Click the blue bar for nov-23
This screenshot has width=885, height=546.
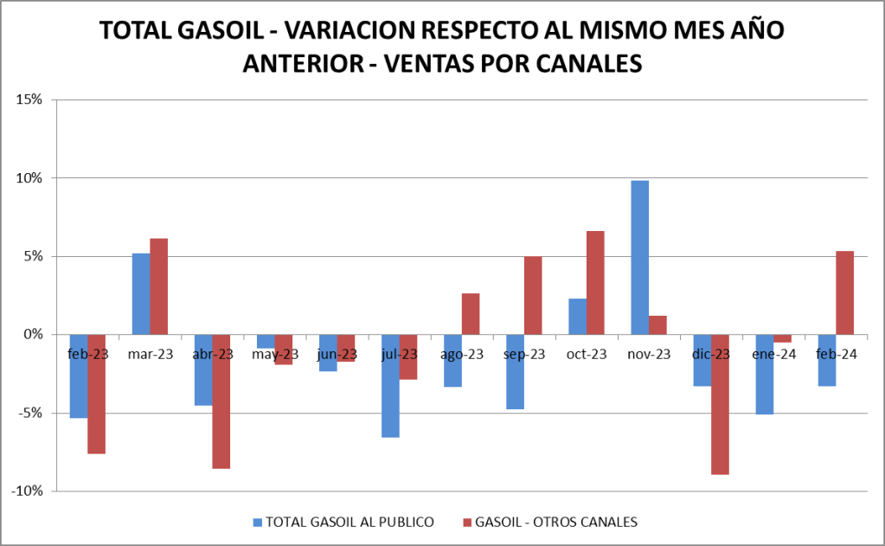639,257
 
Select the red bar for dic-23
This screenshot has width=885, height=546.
720,404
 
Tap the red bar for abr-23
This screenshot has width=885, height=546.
221,401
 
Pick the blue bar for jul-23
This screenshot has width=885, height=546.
390,386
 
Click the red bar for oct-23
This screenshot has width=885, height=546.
595,282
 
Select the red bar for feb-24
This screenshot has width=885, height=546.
844,292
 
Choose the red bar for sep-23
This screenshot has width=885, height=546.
533,295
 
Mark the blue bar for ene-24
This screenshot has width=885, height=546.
764,375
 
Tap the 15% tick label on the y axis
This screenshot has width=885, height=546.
29,100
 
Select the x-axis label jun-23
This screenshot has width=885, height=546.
337,354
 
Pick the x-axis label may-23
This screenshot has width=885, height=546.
275,354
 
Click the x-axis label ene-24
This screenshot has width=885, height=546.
774,354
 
